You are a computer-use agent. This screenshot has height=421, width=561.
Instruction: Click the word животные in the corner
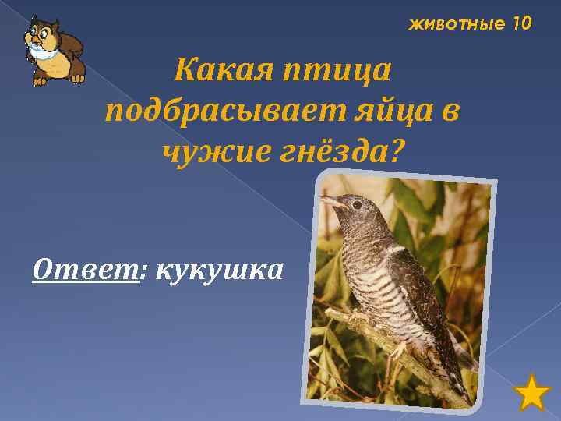click(457, 24)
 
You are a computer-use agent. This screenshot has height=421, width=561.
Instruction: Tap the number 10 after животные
click(521, 24)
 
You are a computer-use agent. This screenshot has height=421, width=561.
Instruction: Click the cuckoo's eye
click(357, 204)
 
